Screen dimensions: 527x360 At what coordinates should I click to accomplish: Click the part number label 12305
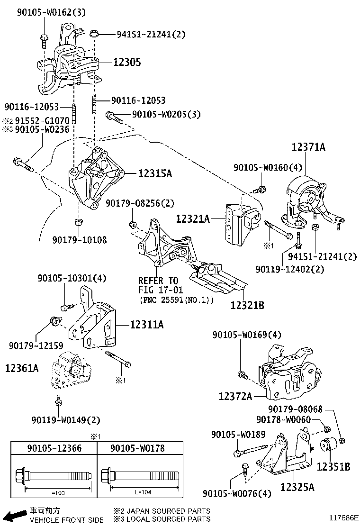127,62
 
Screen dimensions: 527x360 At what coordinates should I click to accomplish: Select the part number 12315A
155,174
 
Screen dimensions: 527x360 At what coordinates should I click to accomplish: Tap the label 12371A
308,147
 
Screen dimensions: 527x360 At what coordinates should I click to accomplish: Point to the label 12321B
247,306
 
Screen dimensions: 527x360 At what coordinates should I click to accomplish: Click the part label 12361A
22,367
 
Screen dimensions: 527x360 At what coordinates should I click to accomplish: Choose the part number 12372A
235,396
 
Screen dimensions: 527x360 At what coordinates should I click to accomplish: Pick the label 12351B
333,467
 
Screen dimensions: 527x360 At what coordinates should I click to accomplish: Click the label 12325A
297,487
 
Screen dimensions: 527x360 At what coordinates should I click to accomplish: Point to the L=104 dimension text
143,492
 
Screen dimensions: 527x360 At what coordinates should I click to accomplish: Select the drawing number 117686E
344,518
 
